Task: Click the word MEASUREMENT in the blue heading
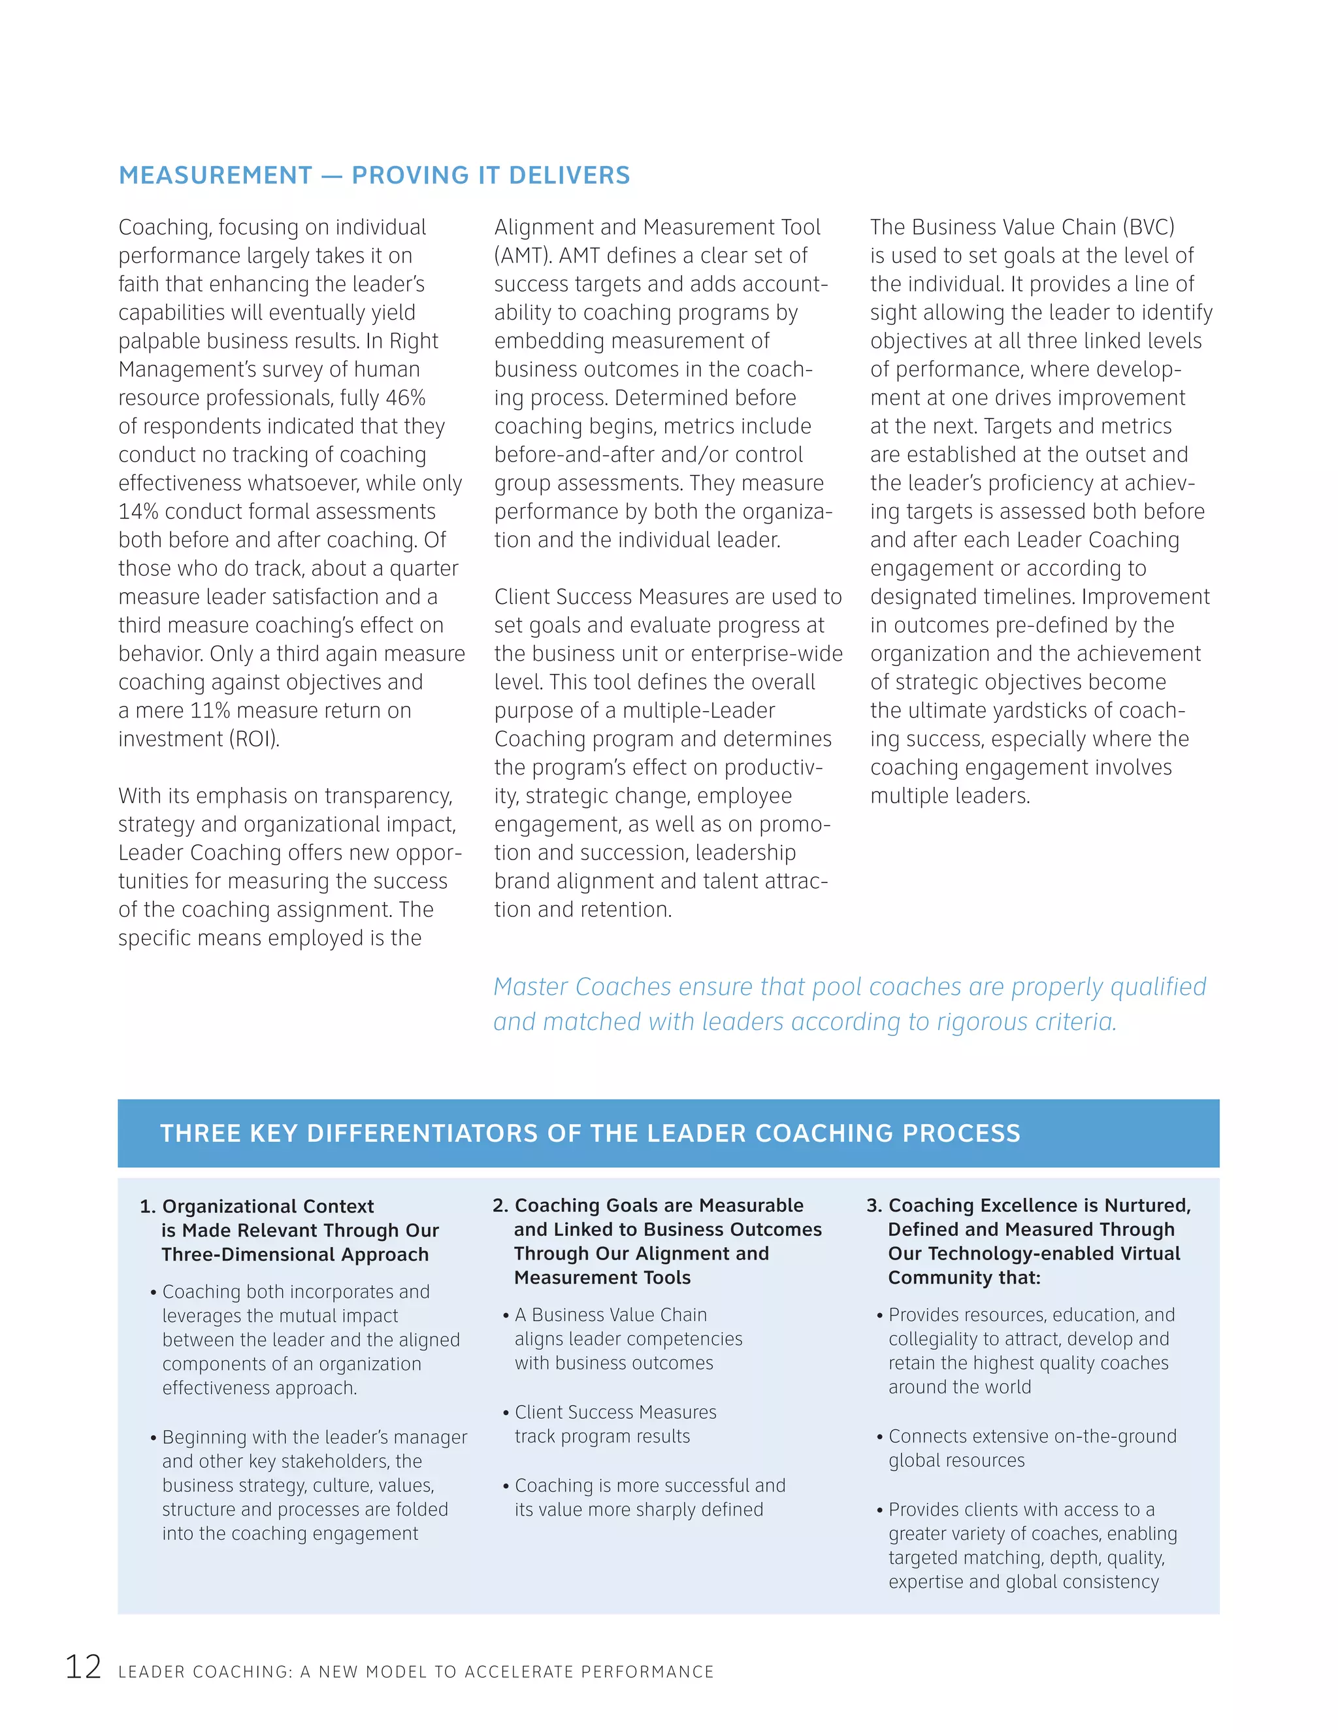pyautogui.click(x=216, y=175)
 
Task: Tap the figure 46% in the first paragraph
pyautogui.click(x=406, y=397)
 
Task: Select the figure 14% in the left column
pyautogui.click(x=139, y=512)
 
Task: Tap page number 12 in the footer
pyautogui.click(x=83, y=1666)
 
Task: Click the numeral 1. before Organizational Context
pyautogui.click(x=148, y=1207)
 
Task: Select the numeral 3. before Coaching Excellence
pyautogui.click(x=873, y=1205)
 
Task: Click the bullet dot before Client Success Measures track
pyautogui.click(x=506, y=1413)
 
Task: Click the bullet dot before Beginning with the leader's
pyautogui.click(x=153, y=1438)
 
